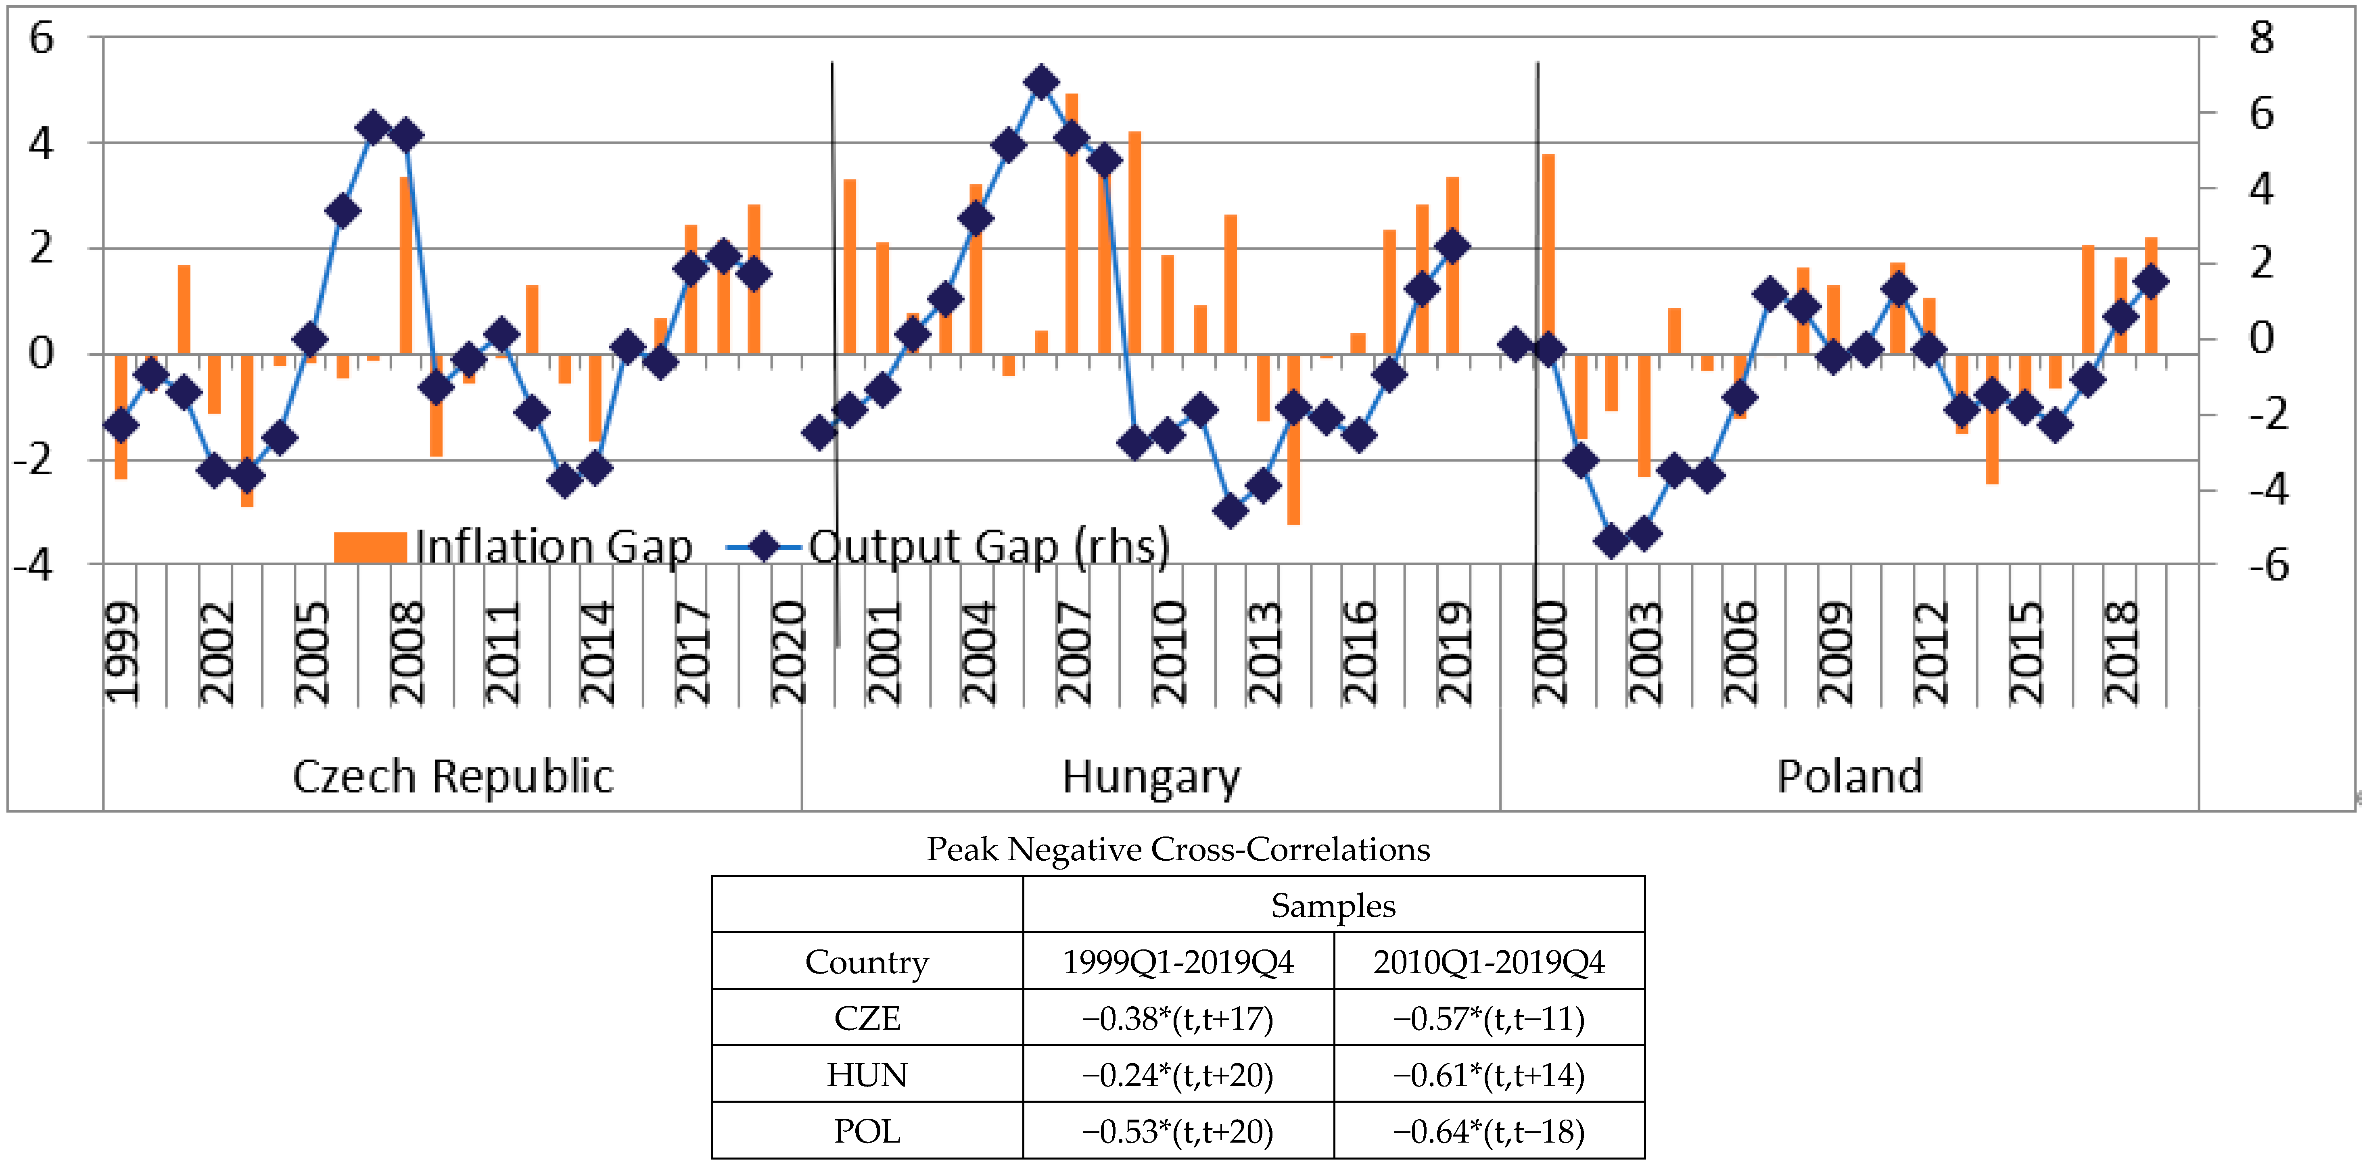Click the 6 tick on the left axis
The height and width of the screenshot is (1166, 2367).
click(41, 39)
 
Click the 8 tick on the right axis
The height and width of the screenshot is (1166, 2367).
click(2261, 39)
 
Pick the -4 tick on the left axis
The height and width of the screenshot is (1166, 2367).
click(34, 564)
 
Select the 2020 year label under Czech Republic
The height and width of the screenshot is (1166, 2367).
click(788, 653)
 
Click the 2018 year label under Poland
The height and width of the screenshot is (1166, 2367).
click(2121, 653)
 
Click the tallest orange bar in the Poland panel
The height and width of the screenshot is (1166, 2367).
click(1548, 252)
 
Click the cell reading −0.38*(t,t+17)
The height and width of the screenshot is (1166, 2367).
click(1178, 1018)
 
